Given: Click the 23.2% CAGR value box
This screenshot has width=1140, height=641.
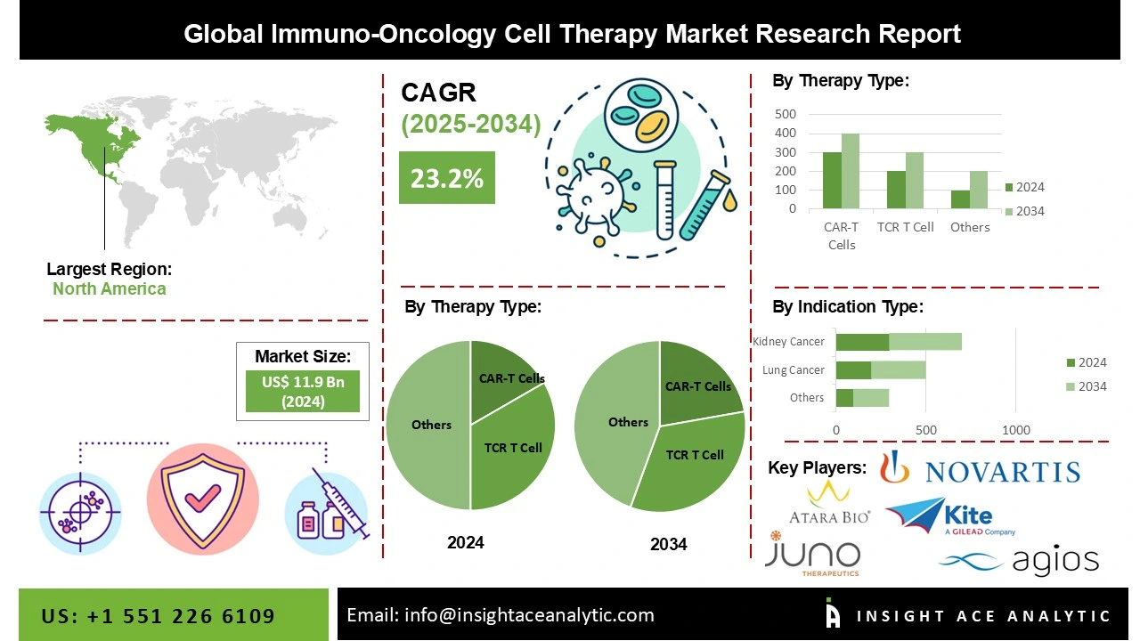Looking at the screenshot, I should pyautogui.click(x=446, y=178).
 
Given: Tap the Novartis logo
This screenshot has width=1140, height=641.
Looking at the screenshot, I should pyautogui.click(x=980, y=469).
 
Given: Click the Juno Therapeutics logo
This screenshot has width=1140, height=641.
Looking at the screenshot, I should pyautogui.click(x=812, y=554).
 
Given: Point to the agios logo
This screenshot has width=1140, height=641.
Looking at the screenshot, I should pyautogui.click(x=1019, y=561).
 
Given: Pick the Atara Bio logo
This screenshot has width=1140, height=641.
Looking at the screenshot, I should pyautogui.click(x=829, y=503).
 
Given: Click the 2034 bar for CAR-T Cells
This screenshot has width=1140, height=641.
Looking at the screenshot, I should pyautogui.click(x=851, y=171).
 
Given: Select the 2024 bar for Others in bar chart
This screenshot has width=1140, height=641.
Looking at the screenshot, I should pyautogui.click(x=960, y=199).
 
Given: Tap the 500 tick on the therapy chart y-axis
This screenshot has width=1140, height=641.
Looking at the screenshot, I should pyautogui.click(x=786, y=114).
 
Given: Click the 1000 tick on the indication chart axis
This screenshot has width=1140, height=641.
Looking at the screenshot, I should pyautogui.click(x=1015, y=431).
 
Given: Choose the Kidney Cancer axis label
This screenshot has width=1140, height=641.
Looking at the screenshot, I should pyautogui.click(x=788, y=342).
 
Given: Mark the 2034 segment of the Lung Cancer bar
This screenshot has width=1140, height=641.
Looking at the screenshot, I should pyautogui.click(x=899, y=369).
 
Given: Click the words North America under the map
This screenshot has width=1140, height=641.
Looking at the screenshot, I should pyautogui.click(x=109, y=288).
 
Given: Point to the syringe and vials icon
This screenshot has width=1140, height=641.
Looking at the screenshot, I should pyautogui.click(x=326, y=507).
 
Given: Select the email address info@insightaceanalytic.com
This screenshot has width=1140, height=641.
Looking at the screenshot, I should pyautogui.click(x=500, y=615).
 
